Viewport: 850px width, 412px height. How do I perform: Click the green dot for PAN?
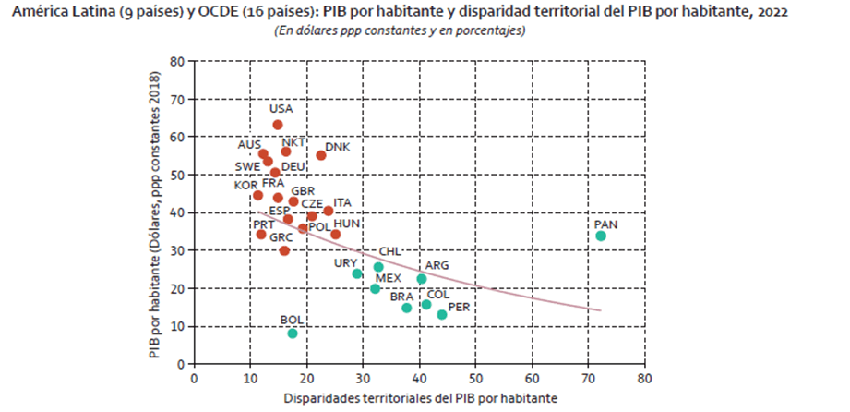[601, 236]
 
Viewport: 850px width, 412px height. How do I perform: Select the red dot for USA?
[278, 125]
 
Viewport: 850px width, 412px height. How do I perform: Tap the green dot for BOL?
[293, 333]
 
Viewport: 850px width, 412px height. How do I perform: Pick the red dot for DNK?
[321, 155]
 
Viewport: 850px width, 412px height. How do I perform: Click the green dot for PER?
[442, 315]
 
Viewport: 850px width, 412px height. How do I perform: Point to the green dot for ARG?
[422, 279]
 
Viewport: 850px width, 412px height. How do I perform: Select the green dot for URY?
[357, 273]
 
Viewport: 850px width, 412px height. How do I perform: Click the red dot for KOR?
[257, 196]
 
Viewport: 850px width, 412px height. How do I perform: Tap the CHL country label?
[391, 251]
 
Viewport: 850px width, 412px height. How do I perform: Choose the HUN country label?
[346, 224]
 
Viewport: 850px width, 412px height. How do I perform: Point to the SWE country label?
[247, 167]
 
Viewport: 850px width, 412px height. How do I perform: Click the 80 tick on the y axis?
[178, 61]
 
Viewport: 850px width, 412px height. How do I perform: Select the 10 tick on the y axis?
[178, 326]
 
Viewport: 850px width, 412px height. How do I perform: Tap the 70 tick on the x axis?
[589, 378]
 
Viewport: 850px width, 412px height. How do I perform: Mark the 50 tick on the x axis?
[476, 378]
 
